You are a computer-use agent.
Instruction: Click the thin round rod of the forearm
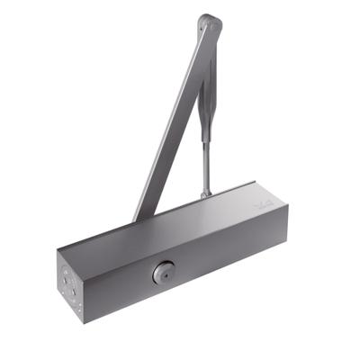click(x=206, y=153)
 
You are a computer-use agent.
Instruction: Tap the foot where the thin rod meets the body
click(x=206, y=193)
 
